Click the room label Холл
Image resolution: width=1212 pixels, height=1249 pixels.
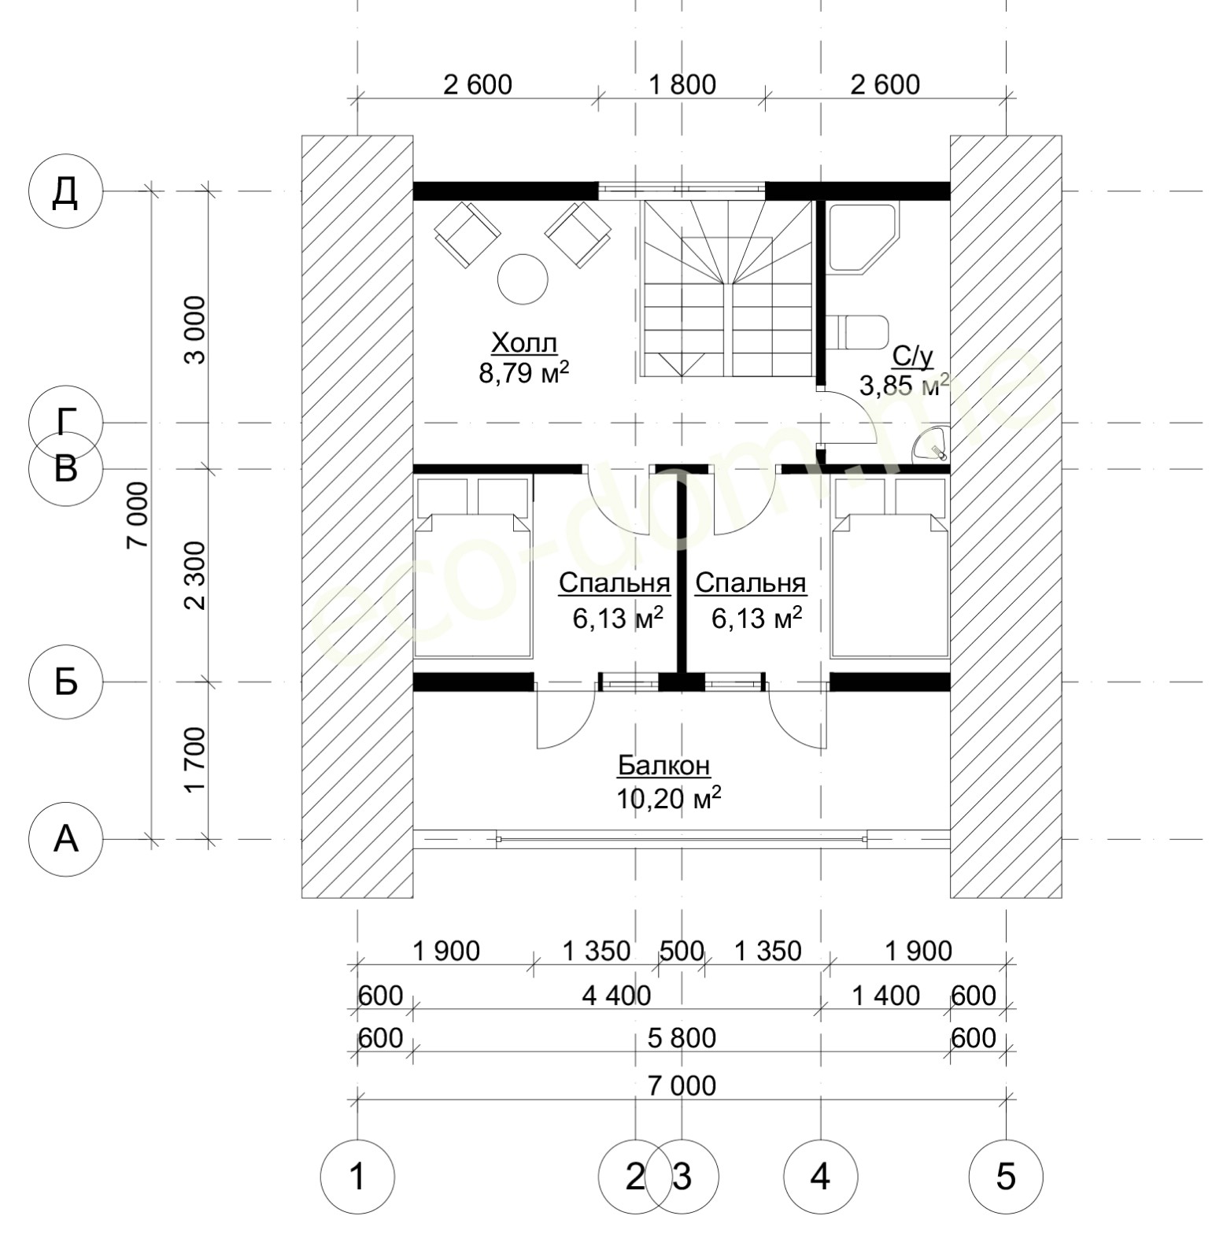(524, 344)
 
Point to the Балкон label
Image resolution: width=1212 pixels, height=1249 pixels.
(663, 765)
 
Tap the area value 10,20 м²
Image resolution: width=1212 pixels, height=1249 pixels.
(669, 799)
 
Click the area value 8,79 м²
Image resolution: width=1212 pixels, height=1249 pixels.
(524, 372)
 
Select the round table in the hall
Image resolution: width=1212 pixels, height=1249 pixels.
(523, 279)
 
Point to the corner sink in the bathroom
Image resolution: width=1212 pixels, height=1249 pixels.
(931, 444)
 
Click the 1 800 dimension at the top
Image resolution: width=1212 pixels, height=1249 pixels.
(682, 84)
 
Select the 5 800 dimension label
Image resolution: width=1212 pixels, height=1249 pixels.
(682, 1038)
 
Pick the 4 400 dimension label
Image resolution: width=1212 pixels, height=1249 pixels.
(617, 996)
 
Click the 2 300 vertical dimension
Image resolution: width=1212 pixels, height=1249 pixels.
(194, 575)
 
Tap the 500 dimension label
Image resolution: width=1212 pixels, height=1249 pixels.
(682, 951)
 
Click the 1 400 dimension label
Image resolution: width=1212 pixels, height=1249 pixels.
(886, 996)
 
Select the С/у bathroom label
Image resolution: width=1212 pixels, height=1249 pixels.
(913, 357)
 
